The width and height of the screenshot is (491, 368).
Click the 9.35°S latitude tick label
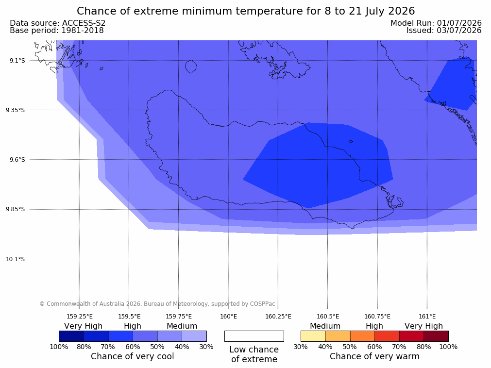(16, 110)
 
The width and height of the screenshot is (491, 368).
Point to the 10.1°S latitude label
(16, 259)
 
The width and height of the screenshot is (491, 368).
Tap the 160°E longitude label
(229, 317)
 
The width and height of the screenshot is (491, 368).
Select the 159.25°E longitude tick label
(80, 317)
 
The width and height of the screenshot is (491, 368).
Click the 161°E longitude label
(427, 317)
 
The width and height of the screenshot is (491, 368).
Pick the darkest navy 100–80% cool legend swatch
(71, 336)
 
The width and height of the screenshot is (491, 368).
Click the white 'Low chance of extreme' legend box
(254, 336)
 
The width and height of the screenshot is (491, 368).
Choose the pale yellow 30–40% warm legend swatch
(313, 336)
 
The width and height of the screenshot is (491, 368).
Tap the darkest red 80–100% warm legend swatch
(436, 336)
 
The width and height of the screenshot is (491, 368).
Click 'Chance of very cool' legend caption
(133, 356)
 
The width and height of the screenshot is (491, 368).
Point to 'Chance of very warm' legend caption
(374, 356)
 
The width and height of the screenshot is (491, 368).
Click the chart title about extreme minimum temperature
(246, 11)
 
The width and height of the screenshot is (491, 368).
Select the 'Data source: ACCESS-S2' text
(58, 23)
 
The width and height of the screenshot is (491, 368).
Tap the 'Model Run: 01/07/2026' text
(436, 23)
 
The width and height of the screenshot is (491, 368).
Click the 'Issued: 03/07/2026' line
(444, 31)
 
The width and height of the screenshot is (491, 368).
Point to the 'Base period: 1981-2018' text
(57, 31)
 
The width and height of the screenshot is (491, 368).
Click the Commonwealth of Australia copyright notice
(157, 304)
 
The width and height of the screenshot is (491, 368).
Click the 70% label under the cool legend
(108, 347)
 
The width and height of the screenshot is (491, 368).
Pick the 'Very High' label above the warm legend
(423, 326)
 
